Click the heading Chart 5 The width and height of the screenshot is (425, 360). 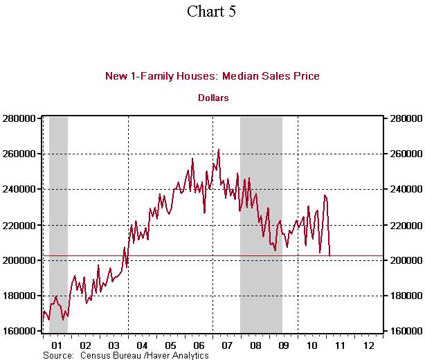[x=212, y=12]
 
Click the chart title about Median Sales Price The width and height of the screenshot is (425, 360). [x=212, y=76]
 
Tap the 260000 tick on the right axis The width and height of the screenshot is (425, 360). [x=403, y=154]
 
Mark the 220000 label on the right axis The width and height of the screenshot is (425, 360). [x=403, y=225]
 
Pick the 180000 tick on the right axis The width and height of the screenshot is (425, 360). [x=403, y=296]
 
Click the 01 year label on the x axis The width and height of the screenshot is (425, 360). [x=57, y=344]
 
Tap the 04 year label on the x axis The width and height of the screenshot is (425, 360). [x=142, y=344]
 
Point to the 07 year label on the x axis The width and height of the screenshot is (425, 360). [x=226, y=344]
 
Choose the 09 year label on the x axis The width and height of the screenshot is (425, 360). [x=283, y=344]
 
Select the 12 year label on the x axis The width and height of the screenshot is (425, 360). [x=368, y=344]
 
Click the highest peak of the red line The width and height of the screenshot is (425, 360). [x=219, y=149]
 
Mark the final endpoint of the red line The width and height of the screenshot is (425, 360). [x=329, y=256]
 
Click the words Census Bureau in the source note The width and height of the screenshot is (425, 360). [x=109, y=354]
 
